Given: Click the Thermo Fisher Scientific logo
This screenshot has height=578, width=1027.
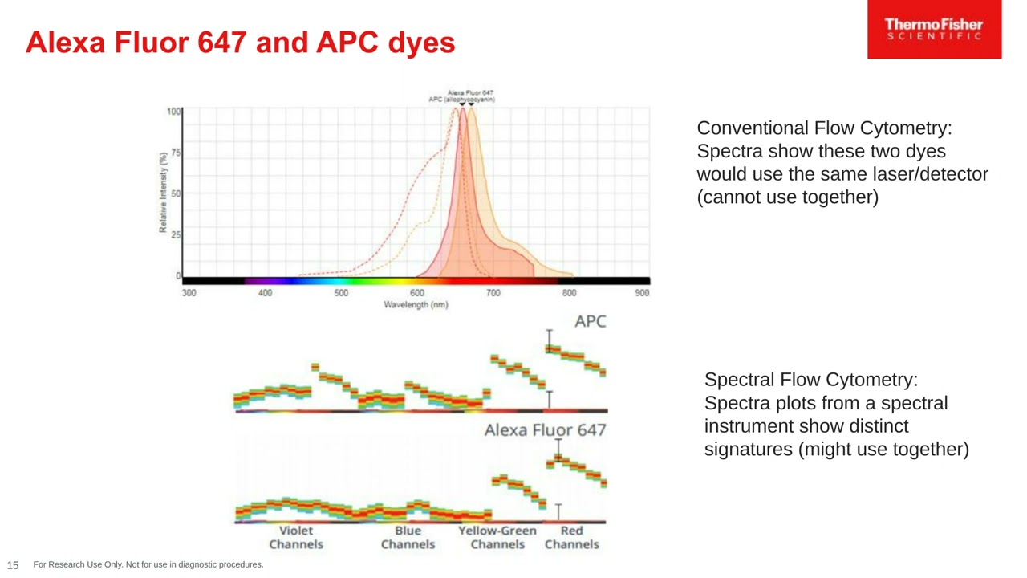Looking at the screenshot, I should tap(934, 29).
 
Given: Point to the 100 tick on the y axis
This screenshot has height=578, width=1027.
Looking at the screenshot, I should tap(173, 111).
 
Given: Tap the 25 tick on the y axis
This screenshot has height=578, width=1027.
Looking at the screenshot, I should tap(176, 235).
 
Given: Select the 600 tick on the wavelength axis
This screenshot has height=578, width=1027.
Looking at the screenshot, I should tap(417, 293).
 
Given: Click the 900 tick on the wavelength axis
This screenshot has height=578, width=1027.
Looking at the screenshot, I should tap(642, 293).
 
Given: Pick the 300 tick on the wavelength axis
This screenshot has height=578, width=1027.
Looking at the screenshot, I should tap(189, 293).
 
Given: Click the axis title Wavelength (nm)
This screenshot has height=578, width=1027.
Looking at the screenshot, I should tap(416, 305).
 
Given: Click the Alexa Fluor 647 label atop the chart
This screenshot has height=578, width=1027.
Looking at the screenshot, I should tap(470, 92).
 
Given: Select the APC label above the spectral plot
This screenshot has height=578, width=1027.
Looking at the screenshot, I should tap(591, 321).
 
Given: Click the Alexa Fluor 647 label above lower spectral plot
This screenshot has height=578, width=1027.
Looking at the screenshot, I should tap(545, 430).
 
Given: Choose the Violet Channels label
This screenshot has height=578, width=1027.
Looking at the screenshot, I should tap(296, 537).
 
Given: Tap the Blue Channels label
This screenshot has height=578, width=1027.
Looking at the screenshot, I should tap(408, 537).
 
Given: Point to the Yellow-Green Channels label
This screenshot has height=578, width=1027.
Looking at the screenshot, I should tap(497, 537).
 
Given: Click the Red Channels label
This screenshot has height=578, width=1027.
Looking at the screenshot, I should tap(571, 537).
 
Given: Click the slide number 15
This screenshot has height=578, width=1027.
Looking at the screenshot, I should tap(13, 565).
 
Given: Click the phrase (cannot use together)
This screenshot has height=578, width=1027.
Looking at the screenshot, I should tap(787, 197).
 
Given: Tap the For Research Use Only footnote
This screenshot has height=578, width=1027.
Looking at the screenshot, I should tap(148, 565).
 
